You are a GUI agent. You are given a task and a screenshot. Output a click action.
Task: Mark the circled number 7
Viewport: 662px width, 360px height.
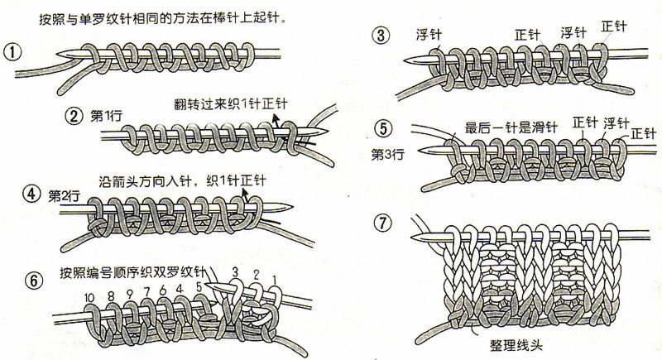click(382, 223)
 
